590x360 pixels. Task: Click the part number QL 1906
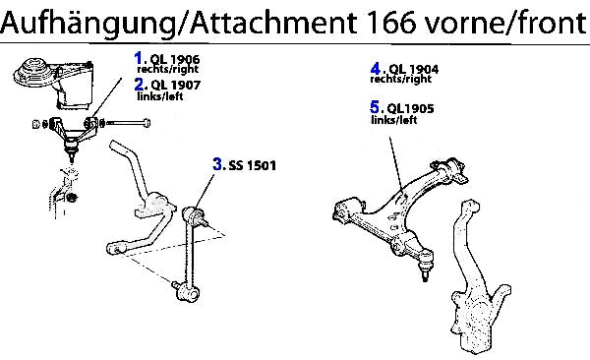[x=175, y=59]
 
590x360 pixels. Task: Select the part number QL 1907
[x=176, y=86]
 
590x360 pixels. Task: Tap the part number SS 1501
[x=252, y=165]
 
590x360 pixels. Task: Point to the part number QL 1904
[x=414, y=69]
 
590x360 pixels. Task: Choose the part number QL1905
[x=410, y=108]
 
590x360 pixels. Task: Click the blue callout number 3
[x=217, y=164]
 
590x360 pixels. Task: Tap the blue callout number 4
[x=376, y=69]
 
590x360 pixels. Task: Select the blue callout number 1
[x=138, y=58]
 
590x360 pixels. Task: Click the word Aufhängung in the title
[x=89, y=23]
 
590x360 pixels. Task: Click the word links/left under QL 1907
[x=160, y=96]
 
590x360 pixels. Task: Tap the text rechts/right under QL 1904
[x=401, y=79]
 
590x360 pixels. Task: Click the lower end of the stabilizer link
[x=186, y=291]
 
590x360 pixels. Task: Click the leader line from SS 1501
[x=206, y=191]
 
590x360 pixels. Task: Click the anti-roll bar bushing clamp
[x=155, y=206]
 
